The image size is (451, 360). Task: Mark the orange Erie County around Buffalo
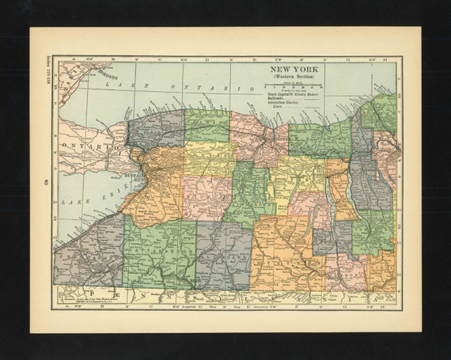click(x=150, y=190)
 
